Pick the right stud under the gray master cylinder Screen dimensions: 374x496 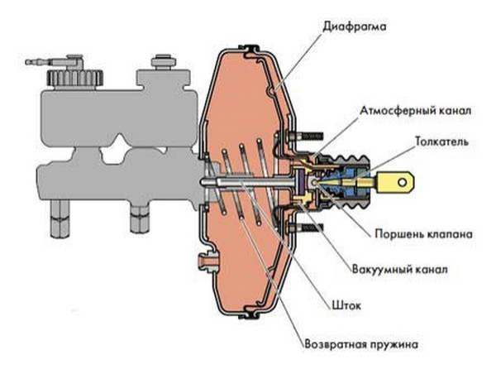[x=136, y=218]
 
